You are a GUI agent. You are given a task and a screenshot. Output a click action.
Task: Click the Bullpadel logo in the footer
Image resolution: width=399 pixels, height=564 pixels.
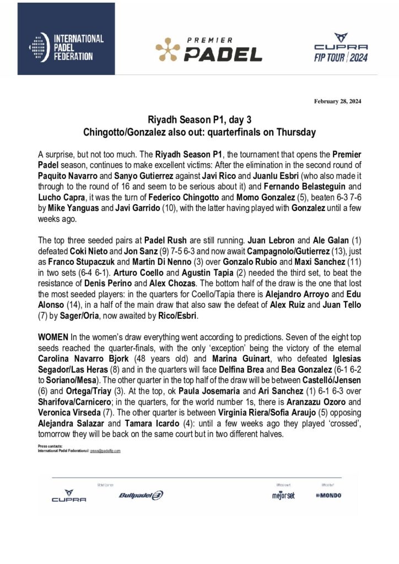pyautogui.click(x=141, y=495)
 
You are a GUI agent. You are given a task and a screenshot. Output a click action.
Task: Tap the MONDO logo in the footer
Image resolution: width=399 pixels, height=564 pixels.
pyautogui.click(x=328, y=495)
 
